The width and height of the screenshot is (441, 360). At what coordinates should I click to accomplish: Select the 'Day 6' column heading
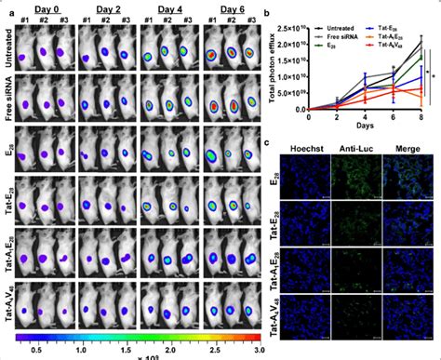(224, 7)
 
